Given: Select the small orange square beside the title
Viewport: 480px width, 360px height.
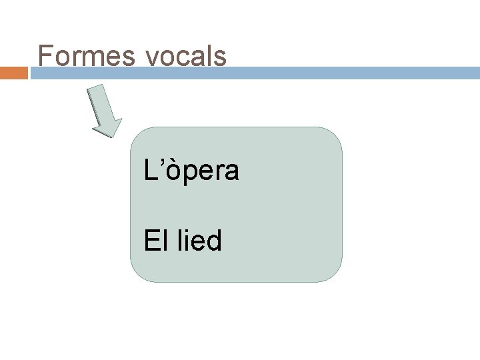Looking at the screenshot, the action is click(x=14, y=72).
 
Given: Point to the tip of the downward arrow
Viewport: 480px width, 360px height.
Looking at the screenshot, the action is click(x=109, y=135).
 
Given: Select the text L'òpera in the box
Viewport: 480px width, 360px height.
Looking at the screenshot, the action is click(x=191, y=171).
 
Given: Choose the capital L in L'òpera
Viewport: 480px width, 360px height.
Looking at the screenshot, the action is click(x=151, y=171).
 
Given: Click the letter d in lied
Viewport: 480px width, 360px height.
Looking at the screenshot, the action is click(x=213, y=240).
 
